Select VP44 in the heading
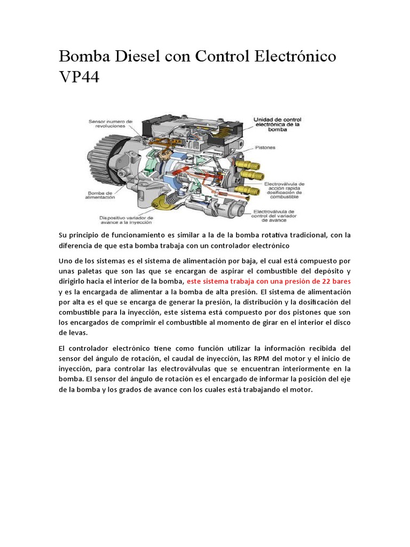pyautogui.click(x=78, y=77)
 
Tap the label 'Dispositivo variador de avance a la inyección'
pyautogui.click(x=126, y=221)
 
